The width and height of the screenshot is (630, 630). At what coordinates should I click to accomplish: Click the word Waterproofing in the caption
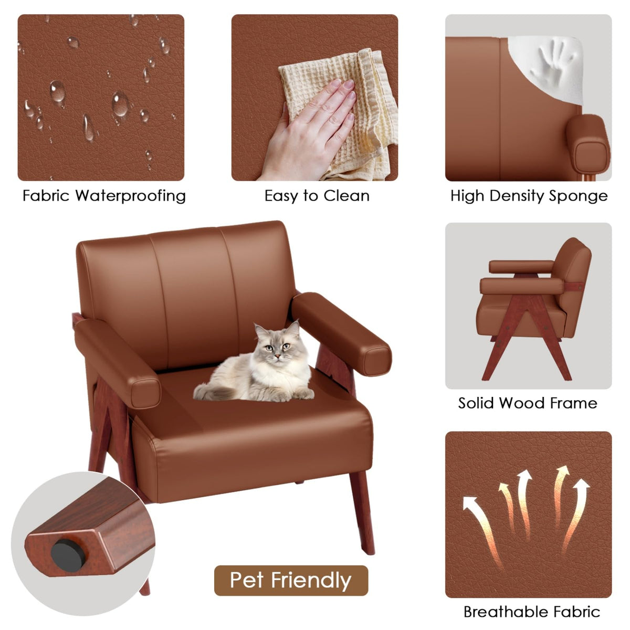point(130,196)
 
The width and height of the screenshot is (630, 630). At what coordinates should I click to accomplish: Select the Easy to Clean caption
point(317,196)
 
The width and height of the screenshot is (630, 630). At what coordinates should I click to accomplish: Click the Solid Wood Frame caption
point(527,403)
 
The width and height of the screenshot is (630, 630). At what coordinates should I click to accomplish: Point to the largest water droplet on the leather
point(120,104)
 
